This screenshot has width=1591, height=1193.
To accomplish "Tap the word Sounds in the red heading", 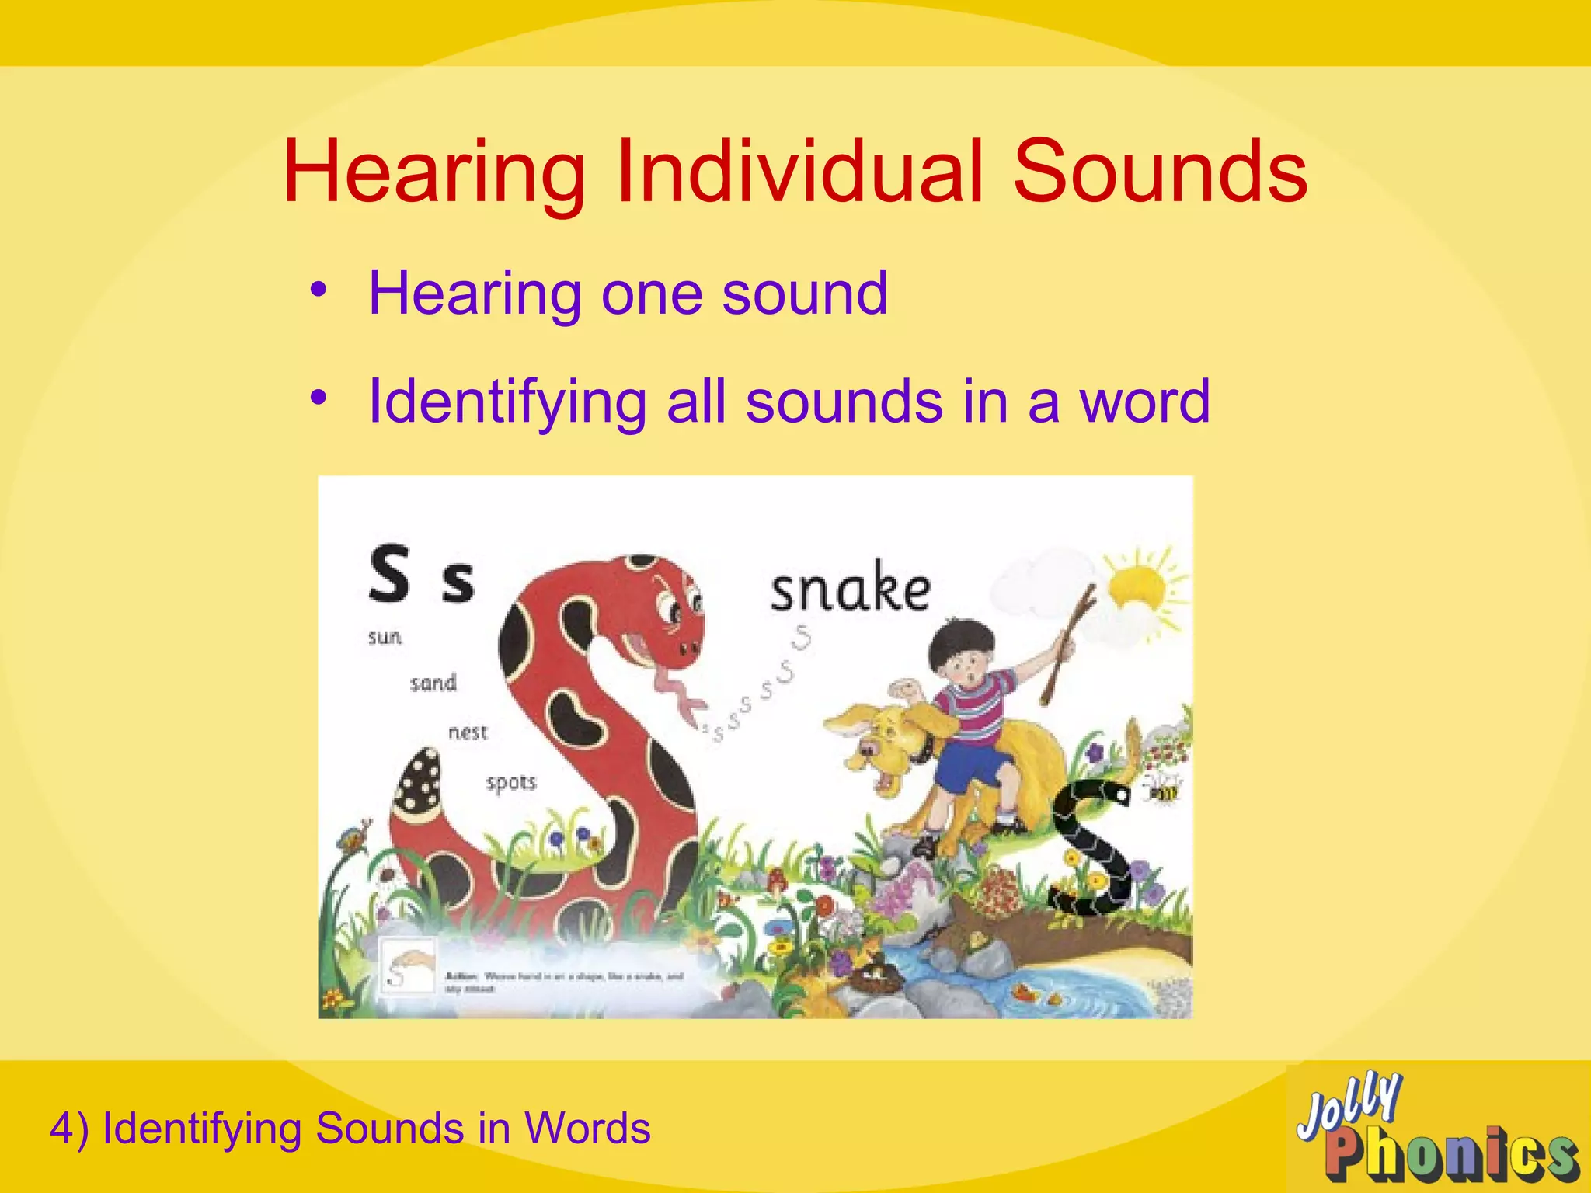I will coord(1160,172).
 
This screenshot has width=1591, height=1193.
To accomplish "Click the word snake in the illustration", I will coord(850,588).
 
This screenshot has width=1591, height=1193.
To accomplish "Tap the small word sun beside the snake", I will coord(385,638).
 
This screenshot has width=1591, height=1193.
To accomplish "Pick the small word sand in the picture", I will coord(433,683).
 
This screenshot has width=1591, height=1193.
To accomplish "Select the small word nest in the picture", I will coord(468,732).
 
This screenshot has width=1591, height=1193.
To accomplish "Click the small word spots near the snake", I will coord(511,782).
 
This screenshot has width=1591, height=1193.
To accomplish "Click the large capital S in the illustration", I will coord(388,575).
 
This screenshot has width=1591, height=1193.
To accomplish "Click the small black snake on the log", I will coord(1088,847).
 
